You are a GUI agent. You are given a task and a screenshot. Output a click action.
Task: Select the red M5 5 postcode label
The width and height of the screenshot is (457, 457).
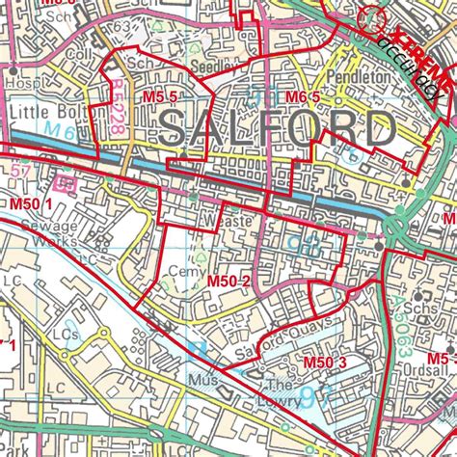(x=159, y=96)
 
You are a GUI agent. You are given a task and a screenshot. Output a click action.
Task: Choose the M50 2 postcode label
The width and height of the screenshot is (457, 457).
(x=229, y=281)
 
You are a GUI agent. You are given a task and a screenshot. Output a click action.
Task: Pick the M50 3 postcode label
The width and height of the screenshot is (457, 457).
(x=324, y=362)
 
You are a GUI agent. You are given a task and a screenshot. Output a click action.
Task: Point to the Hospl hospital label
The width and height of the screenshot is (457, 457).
(x=16, y=84)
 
